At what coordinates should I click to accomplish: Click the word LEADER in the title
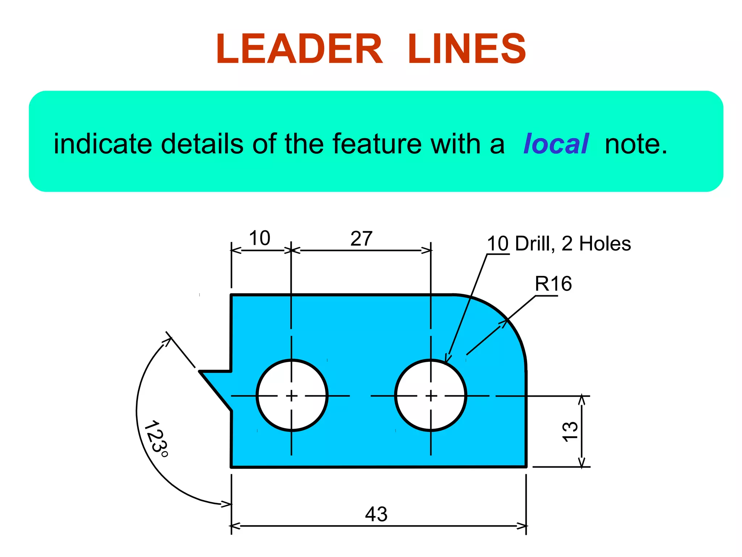tap(299, 49)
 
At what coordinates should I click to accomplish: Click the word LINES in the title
tap(467, 49)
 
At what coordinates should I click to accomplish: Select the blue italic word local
tap(556, 144)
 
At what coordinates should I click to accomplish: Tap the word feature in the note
tap(376, 144)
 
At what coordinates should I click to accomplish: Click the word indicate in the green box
tap(103, 144)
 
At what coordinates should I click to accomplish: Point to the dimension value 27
tap(361, 239)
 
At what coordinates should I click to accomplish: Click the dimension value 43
tap(376, 514)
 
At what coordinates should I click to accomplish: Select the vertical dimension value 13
tap(570, 432)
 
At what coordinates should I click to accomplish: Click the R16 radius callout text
tap(553, 284)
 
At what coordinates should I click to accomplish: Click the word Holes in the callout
tap(605, 244)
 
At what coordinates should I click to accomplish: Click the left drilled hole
tap(292, 395)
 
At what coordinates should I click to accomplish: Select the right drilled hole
tap(430, 395)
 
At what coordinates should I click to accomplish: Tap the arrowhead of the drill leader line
tap(447, 358)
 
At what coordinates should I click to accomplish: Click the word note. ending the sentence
tap(636, 144)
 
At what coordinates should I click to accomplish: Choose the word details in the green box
tap(202, 144)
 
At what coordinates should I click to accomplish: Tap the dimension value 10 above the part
tap(259, 238)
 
